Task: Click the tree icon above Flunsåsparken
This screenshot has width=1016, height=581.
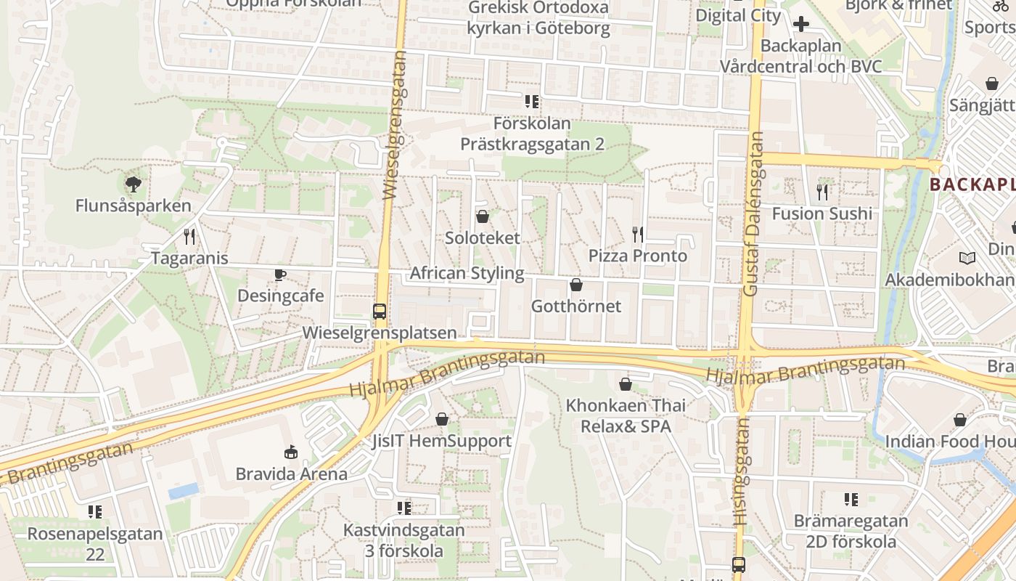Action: (133, 184)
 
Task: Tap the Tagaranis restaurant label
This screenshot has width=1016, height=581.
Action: (189, 259)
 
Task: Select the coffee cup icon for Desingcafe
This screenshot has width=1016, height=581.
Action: (280, 275)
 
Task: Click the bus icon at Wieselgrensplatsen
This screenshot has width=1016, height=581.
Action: (379, 312)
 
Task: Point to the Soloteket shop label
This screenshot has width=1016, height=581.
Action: (483, 238)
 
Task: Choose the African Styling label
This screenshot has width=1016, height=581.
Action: (467, 273)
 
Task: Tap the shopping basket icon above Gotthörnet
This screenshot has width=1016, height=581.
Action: (576, 285)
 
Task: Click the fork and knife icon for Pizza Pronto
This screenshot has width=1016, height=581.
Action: (637, 234)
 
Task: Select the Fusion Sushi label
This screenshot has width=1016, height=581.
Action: (822, 214)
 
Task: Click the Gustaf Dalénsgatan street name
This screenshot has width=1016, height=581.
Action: (754, 214)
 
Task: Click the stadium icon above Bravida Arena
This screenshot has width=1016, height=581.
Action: (291, 452)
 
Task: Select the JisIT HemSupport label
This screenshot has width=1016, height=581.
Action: (441, 441)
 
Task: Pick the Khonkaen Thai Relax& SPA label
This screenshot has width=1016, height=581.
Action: (626, 415)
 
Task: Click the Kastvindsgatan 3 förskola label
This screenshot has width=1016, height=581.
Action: (404, 540)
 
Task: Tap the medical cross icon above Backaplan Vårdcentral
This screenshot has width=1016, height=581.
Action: (801, 25)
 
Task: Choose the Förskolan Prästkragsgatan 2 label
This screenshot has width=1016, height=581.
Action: (532, 134)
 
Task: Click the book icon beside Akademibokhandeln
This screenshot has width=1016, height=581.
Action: (967, 259)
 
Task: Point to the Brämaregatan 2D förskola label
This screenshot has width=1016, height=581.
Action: (851, 531)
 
